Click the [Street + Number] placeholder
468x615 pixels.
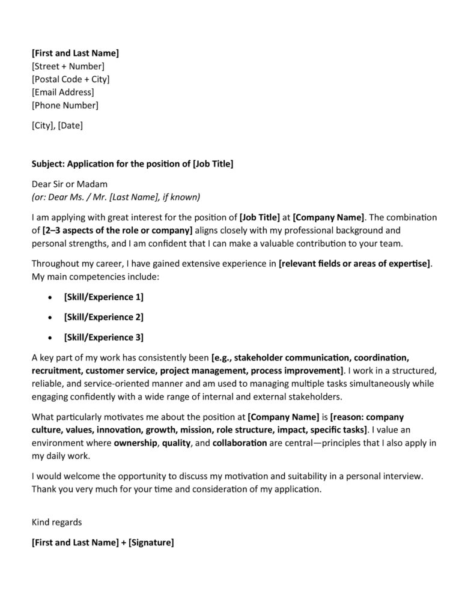68,66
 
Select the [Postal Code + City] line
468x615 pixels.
70,79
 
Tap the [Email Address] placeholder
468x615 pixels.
62,92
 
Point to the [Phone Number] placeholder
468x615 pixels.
65,106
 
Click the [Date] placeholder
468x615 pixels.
70,126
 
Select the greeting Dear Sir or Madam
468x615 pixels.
69,184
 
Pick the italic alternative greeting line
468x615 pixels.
115,197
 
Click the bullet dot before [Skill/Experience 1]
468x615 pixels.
49,297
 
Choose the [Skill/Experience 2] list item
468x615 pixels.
103,317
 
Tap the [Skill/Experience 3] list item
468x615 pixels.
103,337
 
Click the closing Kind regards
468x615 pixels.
56,523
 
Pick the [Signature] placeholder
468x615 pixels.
151,542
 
